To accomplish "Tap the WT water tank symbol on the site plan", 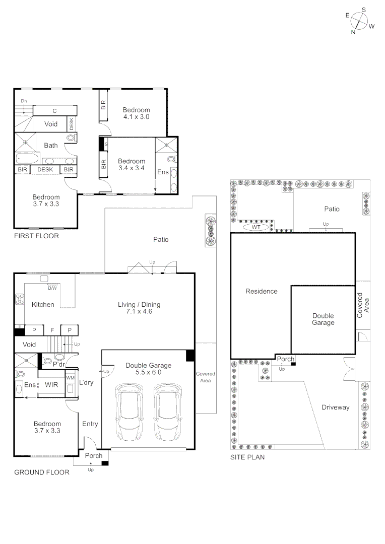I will pyautogui.click(x=255, y=227).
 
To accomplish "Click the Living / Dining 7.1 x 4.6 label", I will pyautogui.click(x=139, y=308).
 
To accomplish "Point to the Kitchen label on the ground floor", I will pyautogui.click(x=43, y=305).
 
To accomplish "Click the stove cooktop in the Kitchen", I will pyautogui.click(x=20, y=299).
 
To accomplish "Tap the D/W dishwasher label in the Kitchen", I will pyautogui.click(x=52, y=288).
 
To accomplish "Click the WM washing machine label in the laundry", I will pyautogui.click(x=71, y=377).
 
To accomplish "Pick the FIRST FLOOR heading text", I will pyautogui.click(x=36, y=236).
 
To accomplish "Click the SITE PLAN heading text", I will pyautogui.click(x=247, y=458).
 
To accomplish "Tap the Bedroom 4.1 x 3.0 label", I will pyautogui.click(x=137, y=113).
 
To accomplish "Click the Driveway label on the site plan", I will pyautogui.click(x=335, y=407).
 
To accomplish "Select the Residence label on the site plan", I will pyautogui.click(x=261, y=291).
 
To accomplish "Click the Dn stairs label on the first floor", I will pyautogui.click(x=24, y=101).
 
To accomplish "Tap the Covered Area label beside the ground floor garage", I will pyautogui.click(x=205, y=377).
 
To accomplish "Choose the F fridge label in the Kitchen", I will pyautogui.click(x=51, y=330).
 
